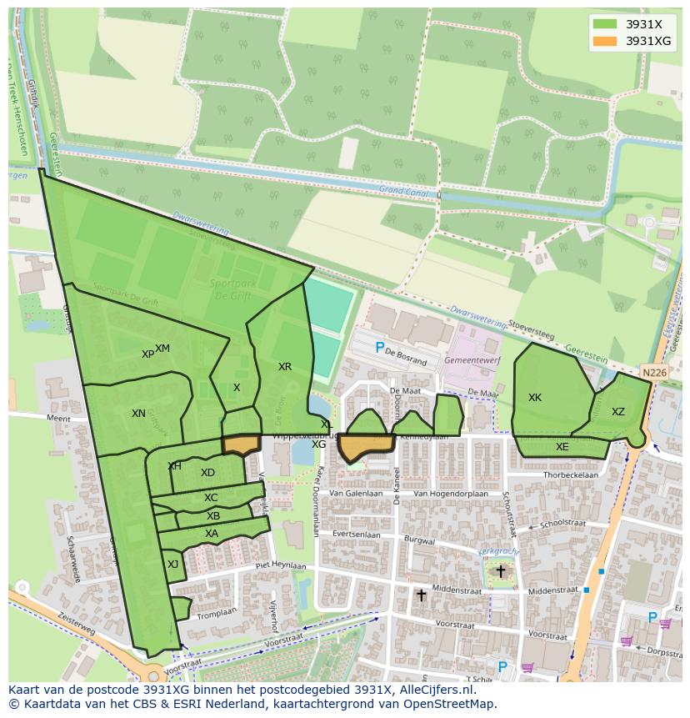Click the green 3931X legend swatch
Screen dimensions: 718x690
click(x=604, y=24)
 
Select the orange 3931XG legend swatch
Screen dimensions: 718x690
click(x=604, y=41)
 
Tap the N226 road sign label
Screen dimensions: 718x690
click(x=654, y=373)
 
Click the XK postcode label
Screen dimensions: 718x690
click(x=535, y=398)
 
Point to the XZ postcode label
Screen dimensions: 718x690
click(x=617, y=412)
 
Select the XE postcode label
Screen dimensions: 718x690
click(x=562, y=447)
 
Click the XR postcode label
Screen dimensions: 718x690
click(x=285, y=367)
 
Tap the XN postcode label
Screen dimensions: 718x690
click(x=138, y=414)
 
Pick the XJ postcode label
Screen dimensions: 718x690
click(x=172, y=565)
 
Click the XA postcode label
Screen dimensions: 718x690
click(x=212, y=534)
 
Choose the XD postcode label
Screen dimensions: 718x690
click(x=207, y=473)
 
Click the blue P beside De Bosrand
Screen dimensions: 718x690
click(x=380, y=348)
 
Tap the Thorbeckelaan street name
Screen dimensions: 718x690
click(x=571, y=474)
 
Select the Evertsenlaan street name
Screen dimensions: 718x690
click(x=356, y=535)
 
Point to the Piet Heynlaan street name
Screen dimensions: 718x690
click(x=282, y=565)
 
